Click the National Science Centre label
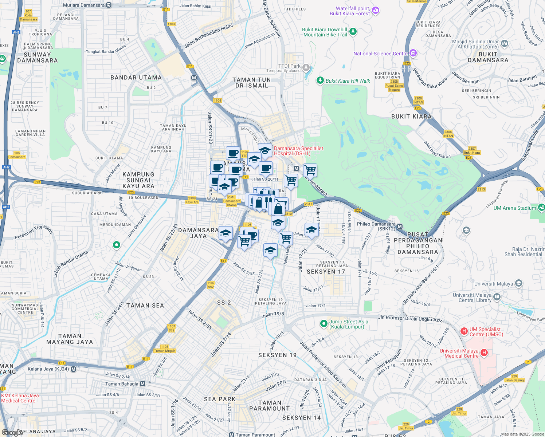click(380, 54)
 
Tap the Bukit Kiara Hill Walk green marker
click(320, 80)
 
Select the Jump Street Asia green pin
click(323, 323)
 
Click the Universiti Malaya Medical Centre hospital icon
click(484, 352)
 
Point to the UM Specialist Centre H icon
click(464, 331)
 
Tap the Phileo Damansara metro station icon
click(400, 227)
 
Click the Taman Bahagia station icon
click(142, 384)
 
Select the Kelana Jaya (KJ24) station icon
click(74, 369)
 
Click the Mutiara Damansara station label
click(84, 5)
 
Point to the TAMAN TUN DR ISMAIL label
click(252, 83)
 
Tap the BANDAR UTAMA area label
click(136, 78)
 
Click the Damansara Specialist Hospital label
click(298, 151)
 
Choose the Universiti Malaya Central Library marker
click(497, 298)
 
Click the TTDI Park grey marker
click(306, 67)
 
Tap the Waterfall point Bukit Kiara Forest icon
click(376, 11)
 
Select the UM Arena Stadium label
click(515, 208)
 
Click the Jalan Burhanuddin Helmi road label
click(208, 36)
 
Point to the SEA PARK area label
click(220, 399)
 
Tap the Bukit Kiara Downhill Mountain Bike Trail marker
click(353, 32)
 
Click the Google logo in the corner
click(12, 432)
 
